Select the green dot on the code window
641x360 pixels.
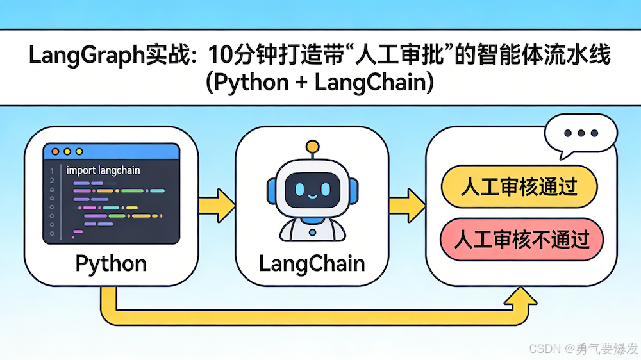pyautogui.click(x=79, y=152)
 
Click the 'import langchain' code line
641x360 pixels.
pyautogui.click(x=103, y=170)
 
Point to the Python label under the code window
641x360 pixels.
pyautogui.click(x=110, y=263)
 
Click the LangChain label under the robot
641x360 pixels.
pyautogui.click(x=312, y=263)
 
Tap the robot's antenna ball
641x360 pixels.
pyautogui.click(x=312, y=146)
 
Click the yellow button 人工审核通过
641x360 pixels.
pyautogui.click(x=519, y=187)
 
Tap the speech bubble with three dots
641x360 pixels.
pyautogui.click(x=583, y=136)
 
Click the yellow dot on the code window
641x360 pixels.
pyautogui.click(x=67, y=152)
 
